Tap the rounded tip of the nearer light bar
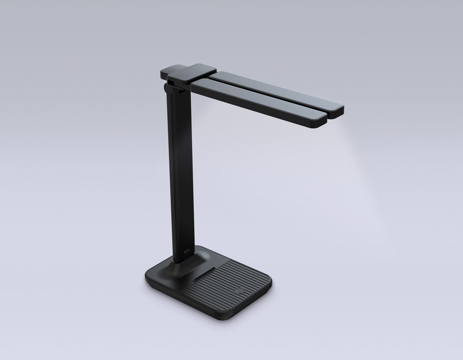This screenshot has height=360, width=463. pos(323,121)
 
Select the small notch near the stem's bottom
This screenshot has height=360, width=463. pos(187,251)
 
